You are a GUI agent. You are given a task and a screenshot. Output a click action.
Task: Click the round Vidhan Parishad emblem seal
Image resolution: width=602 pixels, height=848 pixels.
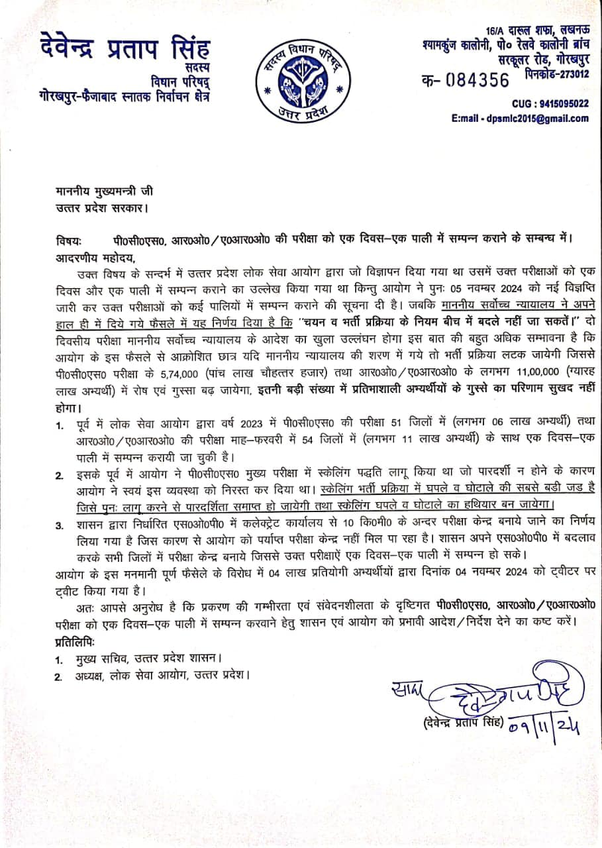(301, 79)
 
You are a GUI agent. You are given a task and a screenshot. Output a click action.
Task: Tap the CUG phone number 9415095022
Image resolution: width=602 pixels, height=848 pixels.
(560, 103)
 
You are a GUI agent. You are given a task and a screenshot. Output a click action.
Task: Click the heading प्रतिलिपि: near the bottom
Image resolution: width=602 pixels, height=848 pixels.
(75, 643)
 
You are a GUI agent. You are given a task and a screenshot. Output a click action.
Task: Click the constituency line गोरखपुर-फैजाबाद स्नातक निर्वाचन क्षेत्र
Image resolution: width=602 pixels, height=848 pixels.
(123, 96)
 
